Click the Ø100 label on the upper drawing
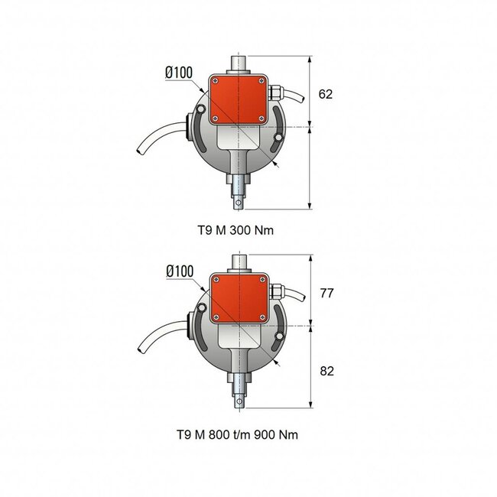tap(179, 73)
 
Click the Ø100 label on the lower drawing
tap(179, 271)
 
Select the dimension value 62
tap(326, 94)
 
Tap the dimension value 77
tap(326, 293)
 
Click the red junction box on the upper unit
tap(239, 99)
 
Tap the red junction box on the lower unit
tap(239, 299)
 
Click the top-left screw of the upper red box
tap(216, 80)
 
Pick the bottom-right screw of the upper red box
tap(262, 119)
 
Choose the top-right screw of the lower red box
tap(262, 280)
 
